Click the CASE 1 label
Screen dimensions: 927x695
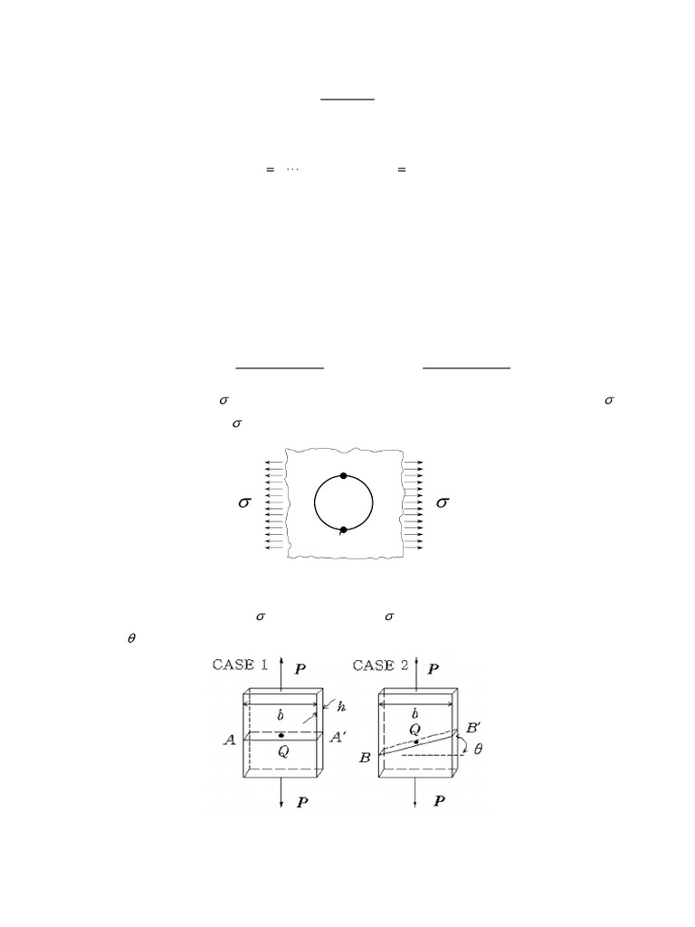pyautogui.click(x=239, y=664)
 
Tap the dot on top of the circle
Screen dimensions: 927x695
pyautogui.click(x=344, y=475)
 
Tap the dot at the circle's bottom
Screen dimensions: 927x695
pyautogui.click(x=343, y=530)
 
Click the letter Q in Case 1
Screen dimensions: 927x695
pyautogui.click(x=282, y=750)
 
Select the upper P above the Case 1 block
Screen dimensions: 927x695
pyautogui.click(x=300, y=670)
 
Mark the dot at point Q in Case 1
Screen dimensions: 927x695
pyautogui.click(x=282, y=734)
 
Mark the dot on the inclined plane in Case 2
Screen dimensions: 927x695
pyautogui.click(x=415, y=741)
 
